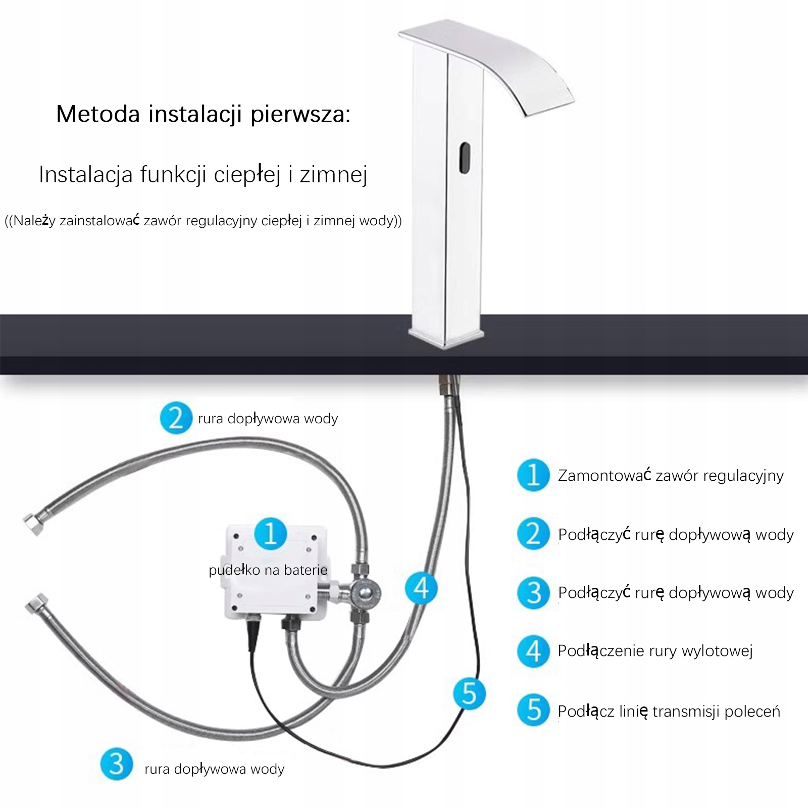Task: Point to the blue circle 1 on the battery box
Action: click(271, 533)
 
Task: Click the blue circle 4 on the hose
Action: click(421, 588)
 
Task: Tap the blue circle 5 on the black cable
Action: click(469, 693)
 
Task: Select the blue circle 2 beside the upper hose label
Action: click(176, 418)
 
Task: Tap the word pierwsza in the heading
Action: click(300, 114)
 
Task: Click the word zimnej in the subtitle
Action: click(333, 175)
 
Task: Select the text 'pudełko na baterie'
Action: click(268, 570)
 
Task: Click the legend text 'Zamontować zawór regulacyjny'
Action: click(670, 476)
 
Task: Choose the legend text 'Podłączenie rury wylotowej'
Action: click(655, 651)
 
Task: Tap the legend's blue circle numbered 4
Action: click(533, 651)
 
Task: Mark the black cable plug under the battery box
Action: click(251, 632)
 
